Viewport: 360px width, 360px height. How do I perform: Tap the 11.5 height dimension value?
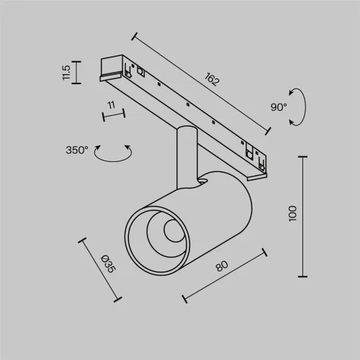click(x=66, y=72)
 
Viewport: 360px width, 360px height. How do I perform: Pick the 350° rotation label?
click(x=76, y=150)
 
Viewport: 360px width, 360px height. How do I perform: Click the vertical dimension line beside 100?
click(x=302, y=215)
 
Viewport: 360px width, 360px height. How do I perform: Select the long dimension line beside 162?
click(x=202, y=81)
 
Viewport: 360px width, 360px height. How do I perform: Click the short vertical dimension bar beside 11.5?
click(x=77, y=72)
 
